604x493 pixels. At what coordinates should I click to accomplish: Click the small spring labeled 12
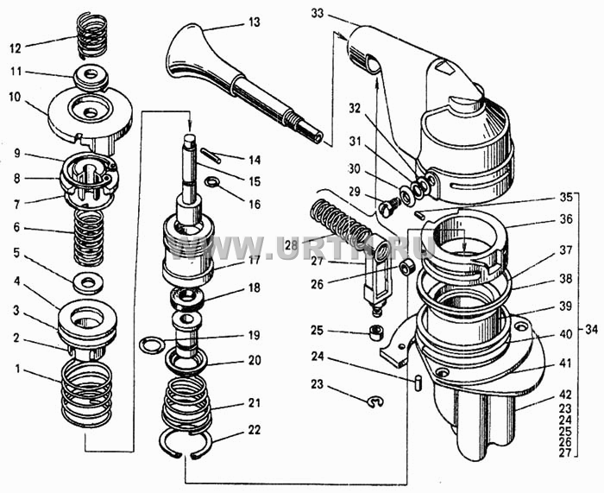[92, 36]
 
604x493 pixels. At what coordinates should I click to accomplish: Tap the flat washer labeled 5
[88, 282]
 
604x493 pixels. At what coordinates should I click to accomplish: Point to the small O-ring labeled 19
[152, 345]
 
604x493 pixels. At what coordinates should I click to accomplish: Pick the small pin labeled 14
[211, 155]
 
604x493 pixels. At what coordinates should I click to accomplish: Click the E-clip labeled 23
[374, 402]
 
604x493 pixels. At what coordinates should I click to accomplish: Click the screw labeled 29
[389, 208]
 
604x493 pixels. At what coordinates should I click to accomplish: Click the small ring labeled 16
[211, 181]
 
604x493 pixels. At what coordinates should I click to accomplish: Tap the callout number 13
[255, 22]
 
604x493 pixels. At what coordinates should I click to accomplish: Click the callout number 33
[318, 14]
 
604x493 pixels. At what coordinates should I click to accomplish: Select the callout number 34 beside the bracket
[591, 330]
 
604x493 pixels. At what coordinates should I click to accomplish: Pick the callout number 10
[15, 97]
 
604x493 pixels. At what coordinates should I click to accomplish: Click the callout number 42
[565, 395]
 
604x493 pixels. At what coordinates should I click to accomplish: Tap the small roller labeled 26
[406, 267]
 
